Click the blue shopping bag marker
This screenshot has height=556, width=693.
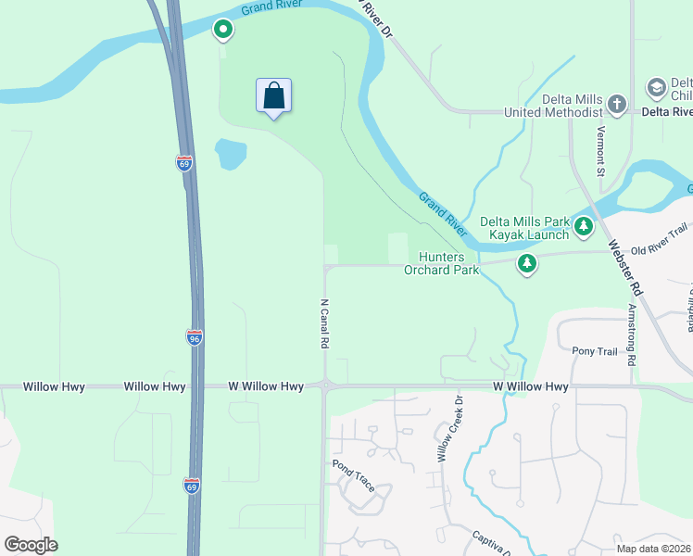(x=273, y=96)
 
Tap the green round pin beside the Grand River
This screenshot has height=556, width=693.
(x=223, y=31)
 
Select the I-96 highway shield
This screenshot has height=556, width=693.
(x=194, y=338)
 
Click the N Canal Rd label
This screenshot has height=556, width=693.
(x=324, y=323)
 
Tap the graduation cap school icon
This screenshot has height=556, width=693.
(x=657, y=88)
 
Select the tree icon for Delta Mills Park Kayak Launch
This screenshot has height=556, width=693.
(x=583, y=225)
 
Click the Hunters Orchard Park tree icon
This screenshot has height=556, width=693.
(x=527, y=264)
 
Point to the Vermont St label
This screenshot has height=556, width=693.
(x=600, y=151)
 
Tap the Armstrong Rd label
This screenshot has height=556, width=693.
(x=633, y=332)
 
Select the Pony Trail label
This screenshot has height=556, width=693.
(x=594, y=351)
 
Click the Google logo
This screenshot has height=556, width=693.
(x=31, y=545)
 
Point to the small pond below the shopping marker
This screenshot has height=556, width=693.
(x=230, y=154)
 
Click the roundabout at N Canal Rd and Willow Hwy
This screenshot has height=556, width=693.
(x=325, y=385)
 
